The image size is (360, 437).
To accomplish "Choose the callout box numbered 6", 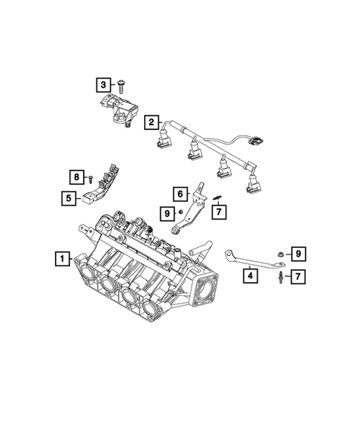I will coord(180,194).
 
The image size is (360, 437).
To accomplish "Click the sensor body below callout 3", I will coord(117,111).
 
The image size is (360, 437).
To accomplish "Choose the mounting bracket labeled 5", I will coord(96,191).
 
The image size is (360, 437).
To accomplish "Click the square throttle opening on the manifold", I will coord(207,286).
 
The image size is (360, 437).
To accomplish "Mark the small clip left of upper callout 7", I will coord(214,197).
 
